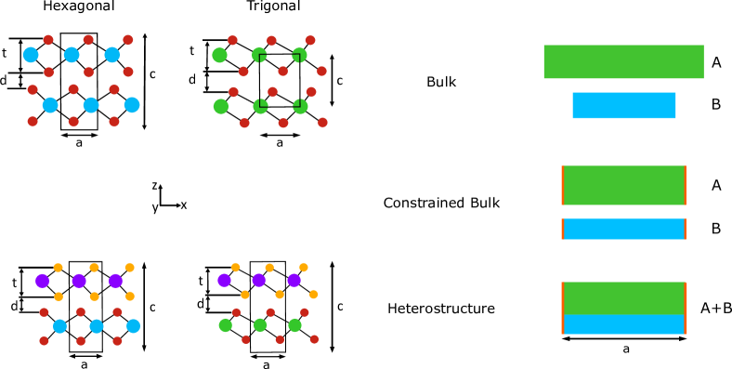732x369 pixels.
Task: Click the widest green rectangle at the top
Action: pos(623,61)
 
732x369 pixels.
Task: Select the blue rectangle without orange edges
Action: pos(623,105)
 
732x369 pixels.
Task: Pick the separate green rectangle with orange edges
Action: pos(623,185)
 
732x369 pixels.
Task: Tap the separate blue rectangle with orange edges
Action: pos(623,229)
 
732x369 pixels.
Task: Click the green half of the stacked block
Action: pos(623,297)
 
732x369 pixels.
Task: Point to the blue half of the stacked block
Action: pos(623,324)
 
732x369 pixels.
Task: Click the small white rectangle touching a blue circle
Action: pos(13,53)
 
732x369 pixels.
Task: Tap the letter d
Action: pos(14,307)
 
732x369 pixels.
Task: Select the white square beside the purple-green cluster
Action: pos(204,339)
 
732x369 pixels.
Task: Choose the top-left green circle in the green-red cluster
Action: pos(219,55)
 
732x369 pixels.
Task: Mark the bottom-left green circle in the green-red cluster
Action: pos(220,106)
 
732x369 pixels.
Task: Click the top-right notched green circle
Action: pos(299,55)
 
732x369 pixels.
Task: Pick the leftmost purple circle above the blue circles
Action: pos(42,281)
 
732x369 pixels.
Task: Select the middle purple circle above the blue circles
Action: pos(79,281)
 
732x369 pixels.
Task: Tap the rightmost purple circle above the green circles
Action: pos(294,280)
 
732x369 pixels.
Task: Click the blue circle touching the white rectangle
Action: pos(31,55)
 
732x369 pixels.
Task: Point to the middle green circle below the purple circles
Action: pos(260,324)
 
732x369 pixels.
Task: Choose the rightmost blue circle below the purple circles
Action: pos(133,325)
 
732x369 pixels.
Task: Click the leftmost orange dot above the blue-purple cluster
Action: pos(58,268)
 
